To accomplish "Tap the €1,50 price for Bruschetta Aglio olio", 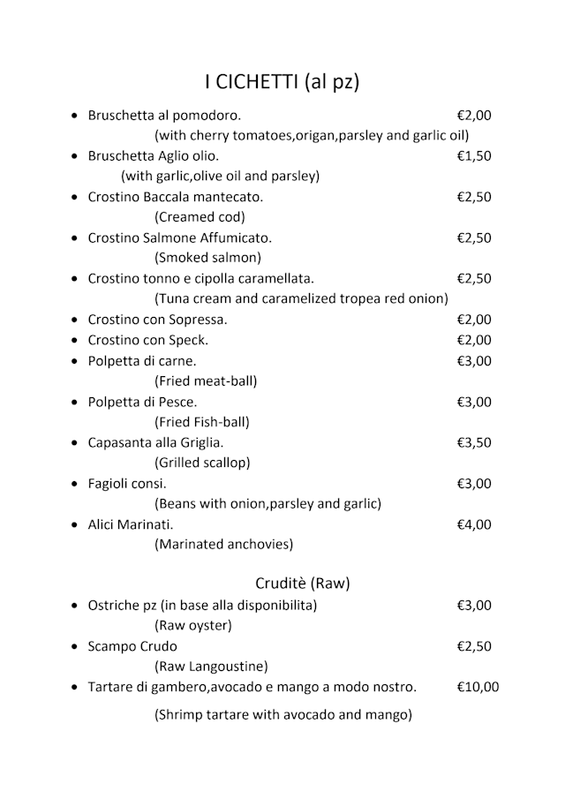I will [x=474, y=155].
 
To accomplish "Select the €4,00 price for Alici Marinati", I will [x=474, y=524].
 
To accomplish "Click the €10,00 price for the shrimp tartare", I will [x=478, y=687].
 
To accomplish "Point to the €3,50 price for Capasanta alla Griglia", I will [x=474, y=442].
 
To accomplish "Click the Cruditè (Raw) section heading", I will [x=303, y=583].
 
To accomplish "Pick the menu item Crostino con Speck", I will [x=147, y=340].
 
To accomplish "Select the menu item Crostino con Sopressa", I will [x=157, y=320].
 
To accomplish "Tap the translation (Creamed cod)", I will [x=200, y=217].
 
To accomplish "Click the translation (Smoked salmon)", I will [x=207, y=258].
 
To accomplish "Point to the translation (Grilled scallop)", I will [x=202, y=463].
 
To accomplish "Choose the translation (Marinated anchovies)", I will [x=223, y=545].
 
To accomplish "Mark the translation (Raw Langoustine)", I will [x=211, y=667].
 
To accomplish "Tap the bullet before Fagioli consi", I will [x=73, y=485].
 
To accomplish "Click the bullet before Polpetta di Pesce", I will [x=73, y=403].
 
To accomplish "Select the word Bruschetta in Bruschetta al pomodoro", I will [x=119, y=115].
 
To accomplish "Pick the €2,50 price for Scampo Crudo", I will [x=474, y=646].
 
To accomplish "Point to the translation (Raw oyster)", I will [x=192, y=626].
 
